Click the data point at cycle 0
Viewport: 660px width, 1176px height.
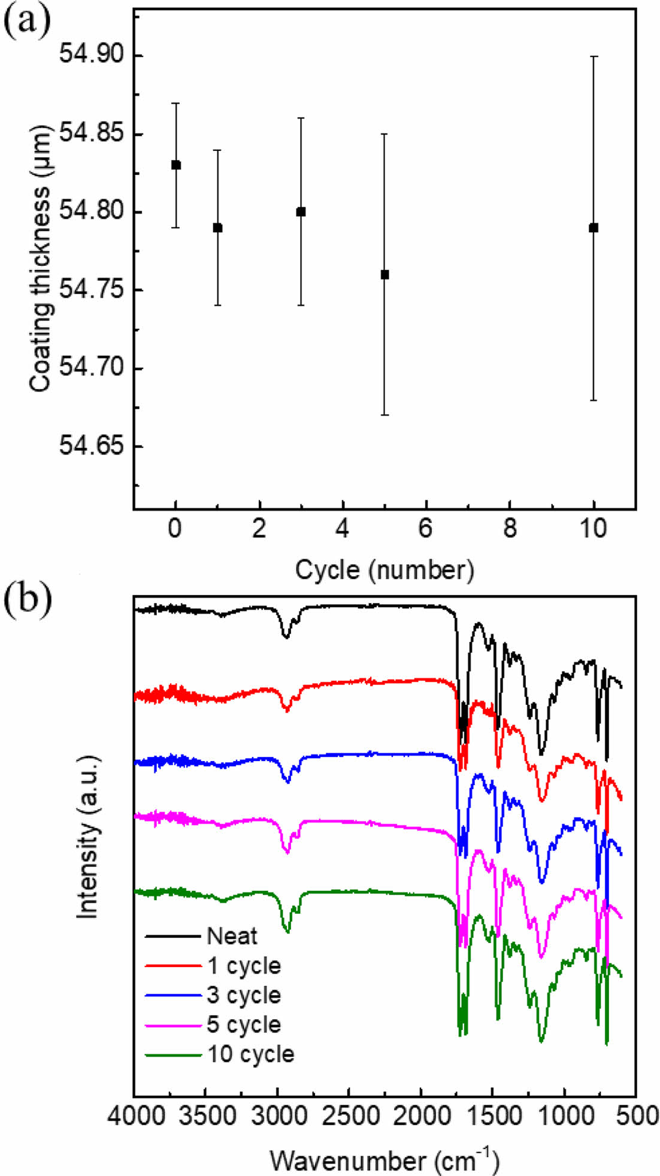pyautogui.click(x=175, y=165)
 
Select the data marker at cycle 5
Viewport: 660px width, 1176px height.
pyautogui.click(x=385, y=275)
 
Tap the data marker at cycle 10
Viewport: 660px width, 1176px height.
pyautogui.click(x=594, y=228)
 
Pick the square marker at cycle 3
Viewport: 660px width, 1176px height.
pyautogui.click(x=301, y=212)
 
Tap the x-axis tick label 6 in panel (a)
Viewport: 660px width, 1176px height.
pyautogui.click(x=426, y=529)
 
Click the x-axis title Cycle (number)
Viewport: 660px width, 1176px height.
pyautogui.click(x=385, y=569)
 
